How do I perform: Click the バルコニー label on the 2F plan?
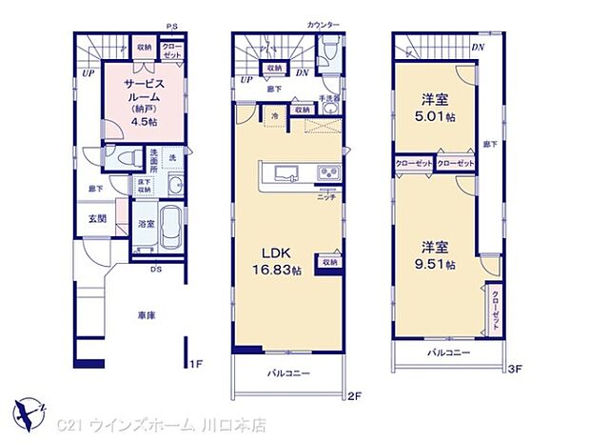pyautogui.click(x=288, y=373)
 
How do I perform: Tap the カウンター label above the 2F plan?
pyautogui.click(x=324, y=22)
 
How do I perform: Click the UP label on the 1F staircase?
pyautogui.click(x=88, y=71)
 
